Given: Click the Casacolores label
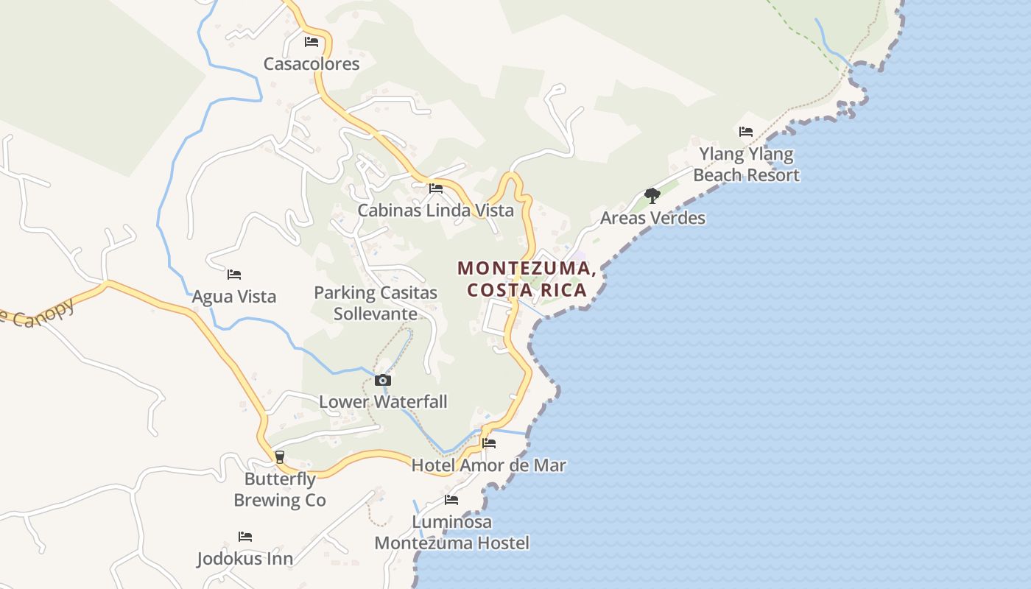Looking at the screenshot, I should click(x=312, y=64).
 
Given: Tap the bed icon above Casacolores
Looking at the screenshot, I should click(x=312, y=42).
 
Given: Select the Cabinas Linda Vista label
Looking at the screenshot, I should click(x=435, y=211).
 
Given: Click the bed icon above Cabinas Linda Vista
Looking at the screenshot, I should click(x=436, y=188).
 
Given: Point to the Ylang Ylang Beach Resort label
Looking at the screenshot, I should click(x=746, y=165).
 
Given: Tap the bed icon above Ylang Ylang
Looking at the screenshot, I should click(x=746, y=132).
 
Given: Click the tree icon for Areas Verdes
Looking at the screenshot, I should click(x=652, y=196).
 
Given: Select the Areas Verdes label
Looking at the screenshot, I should click(x=652, y=218).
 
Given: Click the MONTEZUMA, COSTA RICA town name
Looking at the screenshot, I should click(x=527, y=279).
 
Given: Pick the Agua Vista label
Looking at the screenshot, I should click(x=234, y=297).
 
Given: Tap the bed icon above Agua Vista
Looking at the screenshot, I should click(x=234, y=275).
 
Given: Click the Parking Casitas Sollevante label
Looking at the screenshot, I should click(x=376, y=303).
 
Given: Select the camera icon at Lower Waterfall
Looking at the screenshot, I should click(x=383, y=381).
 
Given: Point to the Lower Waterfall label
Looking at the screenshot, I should click(x=383, y=402).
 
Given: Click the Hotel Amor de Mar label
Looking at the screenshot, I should click(x=489, y=465).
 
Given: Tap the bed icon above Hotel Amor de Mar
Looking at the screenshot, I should click(x=489, y=443).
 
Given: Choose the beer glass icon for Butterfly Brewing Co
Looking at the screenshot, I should click(x=279, y=457).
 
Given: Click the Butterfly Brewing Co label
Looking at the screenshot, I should click(x=280, y=490).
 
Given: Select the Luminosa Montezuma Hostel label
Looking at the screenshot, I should click(x=451, y=533).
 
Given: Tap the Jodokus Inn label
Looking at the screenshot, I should click(x=244, y=559).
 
